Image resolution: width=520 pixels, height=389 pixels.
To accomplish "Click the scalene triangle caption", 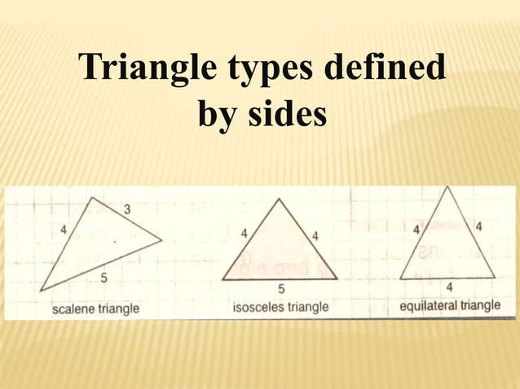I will [x=95, y=309].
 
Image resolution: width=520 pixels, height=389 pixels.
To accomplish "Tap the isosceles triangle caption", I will [x=280, y=308].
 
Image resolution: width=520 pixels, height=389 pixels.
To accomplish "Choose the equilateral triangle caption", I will [x=450, y=307].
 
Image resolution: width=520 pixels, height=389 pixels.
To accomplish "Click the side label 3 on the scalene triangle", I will [x=127, y=210].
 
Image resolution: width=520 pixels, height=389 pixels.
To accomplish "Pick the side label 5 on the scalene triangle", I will [x=104, y=279].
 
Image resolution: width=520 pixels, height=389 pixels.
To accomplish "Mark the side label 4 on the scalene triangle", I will [x=64, y=229].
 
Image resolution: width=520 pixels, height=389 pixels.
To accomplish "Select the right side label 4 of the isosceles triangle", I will [x=315, y=235].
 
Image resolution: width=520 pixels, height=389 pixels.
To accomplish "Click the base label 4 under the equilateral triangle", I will [x=449, y=287].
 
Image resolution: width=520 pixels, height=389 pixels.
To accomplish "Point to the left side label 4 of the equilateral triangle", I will [x=416, y=229].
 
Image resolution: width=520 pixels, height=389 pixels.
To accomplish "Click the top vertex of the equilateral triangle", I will [x=447, y=187].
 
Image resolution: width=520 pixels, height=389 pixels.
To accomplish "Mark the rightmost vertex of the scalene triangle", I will [x=161, y=239].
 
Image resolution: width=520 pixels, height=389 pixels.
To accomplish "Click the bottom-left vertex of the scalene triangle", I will [x=40, y=291].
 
